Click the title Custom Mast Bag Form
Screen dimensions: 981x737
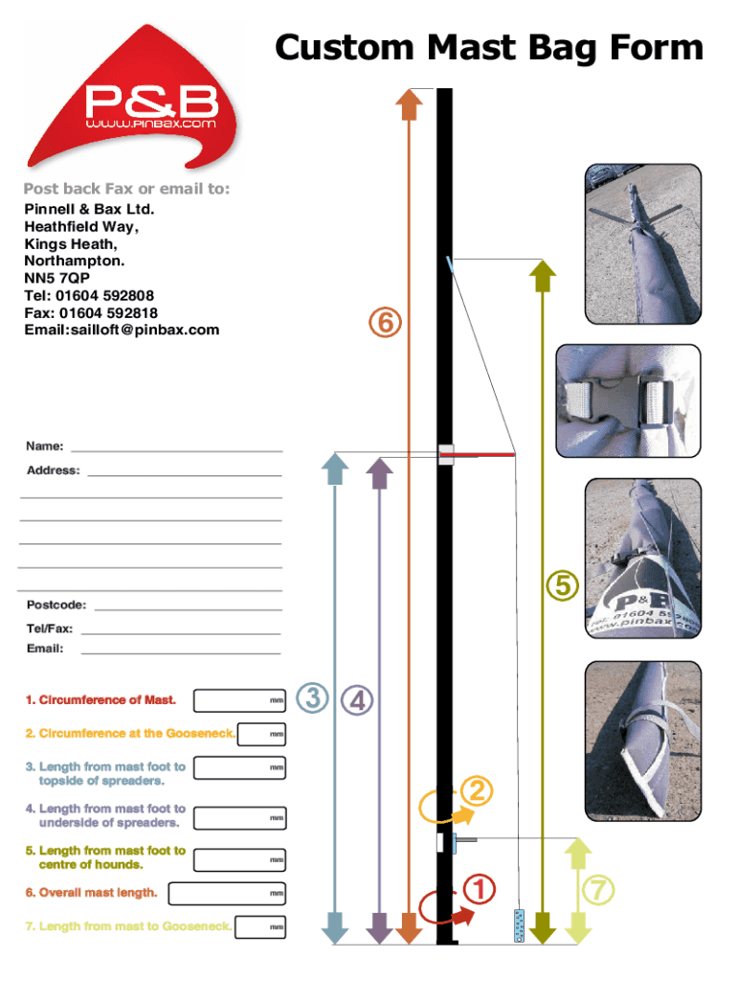489,47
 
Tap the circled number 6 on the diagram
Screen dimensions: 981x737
384,324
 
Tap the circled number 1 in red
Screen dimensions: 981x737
479,890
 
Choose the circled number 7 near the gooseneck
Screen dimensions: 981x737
597,890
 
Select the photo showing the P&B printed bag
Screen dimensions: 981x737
642,558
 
